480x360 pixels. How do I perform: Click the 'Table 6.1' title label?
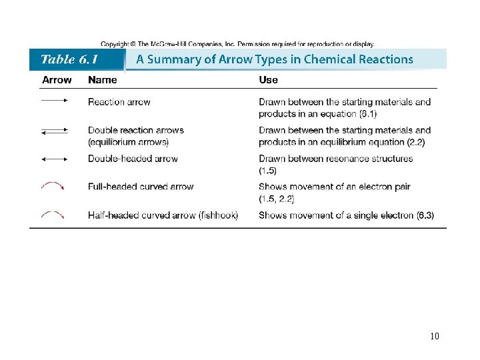69,59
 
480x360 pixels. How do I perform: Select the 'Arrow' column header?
57,80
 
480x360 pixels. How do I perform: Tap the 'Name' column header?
102,80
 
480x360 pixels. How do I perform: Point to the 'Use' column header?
268,80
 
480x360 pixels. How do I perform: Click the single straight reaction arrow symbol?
55,101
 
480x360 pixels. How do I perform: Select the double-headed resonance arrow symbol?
55,159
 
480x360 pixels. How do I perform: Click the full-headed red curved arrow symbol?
53,186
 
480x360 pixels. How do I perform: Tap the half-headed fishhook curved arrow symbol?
53,214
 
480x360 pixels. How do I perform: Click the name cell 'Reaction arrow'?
119,102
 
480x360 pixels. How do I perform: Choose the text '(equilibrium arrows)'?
128,141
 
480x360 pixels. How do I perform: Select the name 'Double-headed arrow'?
133,159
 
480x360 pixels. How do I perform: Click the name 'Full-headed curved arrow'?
141,187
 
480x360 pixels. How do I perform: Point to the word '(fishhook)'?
217,215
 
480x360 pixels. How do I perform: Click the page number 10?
435,336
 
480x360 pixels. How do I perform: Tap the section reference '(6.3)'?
425,215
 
